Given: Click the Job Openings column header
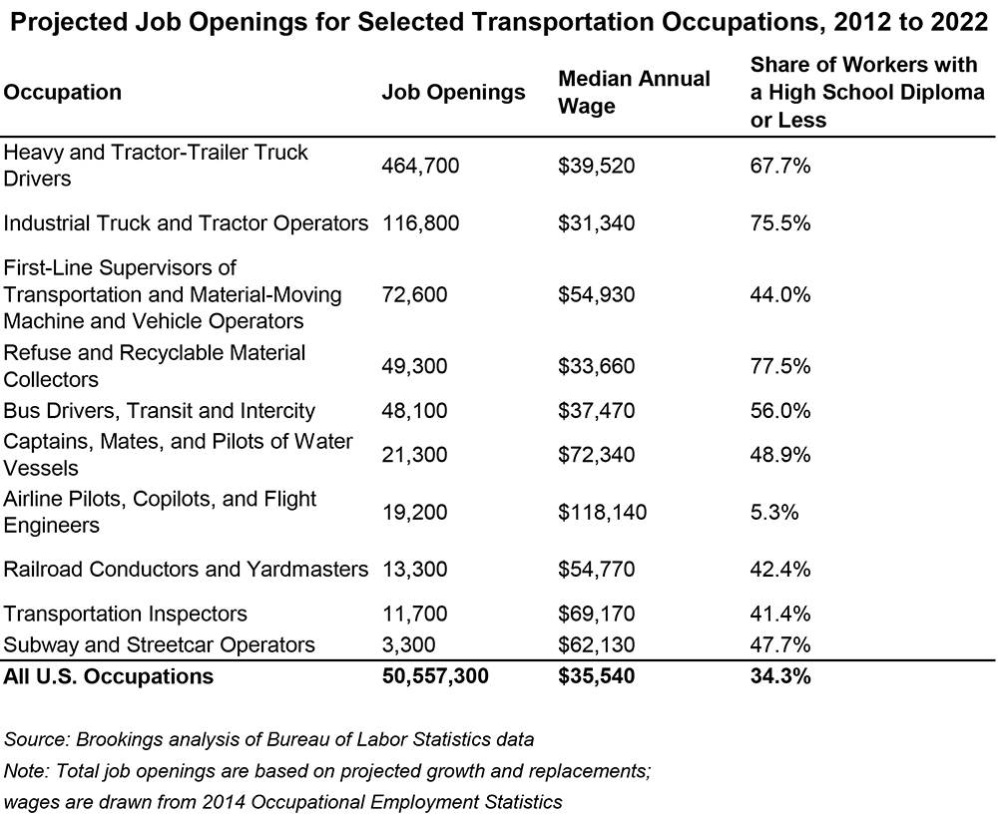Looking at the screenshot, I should [x=453, y=93].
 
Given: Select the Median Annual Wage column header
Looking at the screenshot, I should [x=634, y=92].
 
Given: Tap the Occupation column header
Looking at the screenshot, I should [x=63, y=93].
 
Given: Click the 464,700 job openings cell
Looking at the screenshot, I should [x=420, y=167].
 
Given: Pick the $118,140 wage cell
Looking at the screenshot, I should [x=602, y=513].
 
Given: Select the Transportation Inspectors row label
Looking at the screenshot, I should [x=126, y=614].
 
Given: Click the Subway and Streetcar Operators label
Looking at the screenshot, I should [x=160, y=644].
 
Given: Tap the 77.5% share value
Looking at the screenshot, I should [x=779, y=367].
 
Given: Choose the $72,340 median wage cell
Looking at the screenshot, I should [x=597, y=455].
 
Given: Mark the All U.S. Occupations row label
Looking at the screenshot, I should [x=109, y=676].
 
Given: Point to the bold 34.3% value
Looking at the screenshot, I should [x=779, y=676].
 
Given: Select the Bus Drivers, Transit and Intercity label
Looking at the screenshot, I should [x=160, y=411].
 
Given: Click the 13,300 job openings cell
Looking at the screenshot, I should [x=415, y=570].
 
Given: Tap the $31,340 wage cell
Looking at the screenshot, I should [x=597, y=223].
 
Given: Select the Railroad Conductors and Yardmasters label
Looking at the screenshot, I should [x=186, y=570].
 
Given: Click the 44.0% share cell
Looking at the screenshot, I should [x=779, y=295].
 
